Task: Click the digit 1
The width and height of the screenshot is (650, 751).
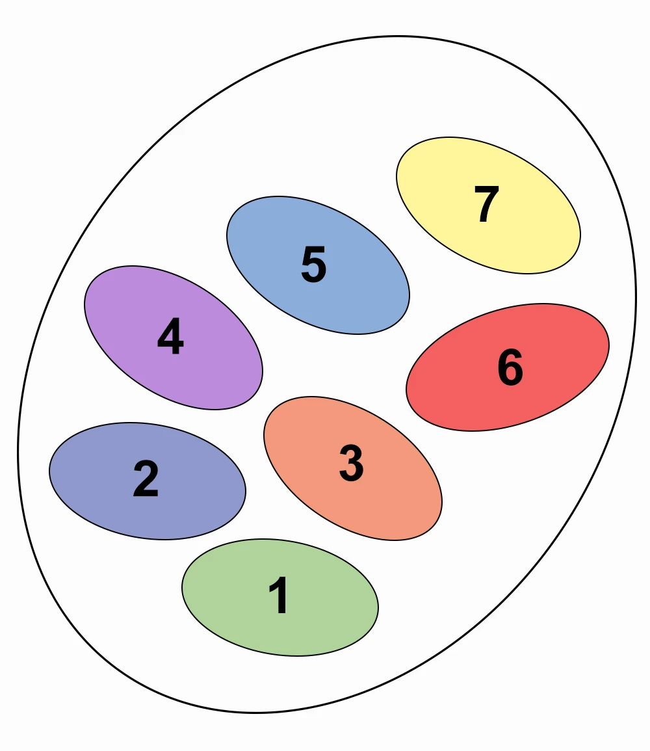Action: click(x=280, y=596)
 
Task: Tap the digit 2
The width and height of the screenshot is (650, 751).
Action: click(x=146, y=479)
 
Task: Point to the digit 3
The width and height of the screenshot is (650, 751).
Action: click(x=352, y=464)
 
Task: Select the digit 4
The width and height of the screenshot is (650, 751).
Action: click(x=170, y=337)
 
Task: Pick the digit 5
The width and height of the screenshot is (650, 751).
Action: click(x=313, y=265)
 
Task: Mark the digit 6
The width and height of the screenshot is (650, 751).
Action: click(x=510, y=367)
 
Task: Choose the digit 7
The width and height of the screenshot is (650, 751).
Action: click(x=486, y=205)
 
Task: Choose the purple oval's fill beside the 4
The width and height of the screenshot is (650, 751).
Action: click(x=214, y=364)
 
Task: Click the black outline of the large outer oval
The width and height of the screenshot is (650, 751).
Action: click(x=636, y=299)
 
